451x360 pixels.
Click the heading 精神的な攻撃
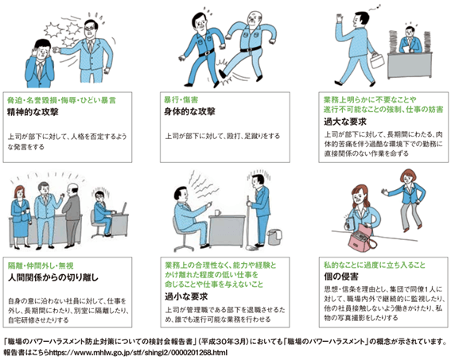(33, 111)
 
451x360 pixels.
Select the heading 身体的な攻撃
(189, 111)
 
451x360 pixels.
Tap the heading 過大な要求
(345, 122)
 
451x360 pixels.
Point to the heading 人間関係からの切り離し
(53, 277)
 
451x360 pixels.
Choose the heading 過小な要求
(186, 296)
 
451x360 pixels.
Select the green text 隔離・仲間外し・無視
(41, 265)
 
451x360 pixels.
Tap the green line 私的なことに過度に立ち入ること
(375, 265)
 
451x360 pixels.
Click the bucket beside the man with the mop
(274, 237)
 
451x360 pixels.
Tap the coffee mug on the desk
(218, 212)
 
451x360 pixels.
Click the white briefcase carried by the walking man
(377, 60)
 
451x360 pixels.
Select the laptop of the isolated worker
(122, 209)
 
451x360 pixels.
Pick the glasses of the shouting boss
(89, 28)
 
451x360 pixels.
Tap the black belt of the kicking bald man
(251, 48)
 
